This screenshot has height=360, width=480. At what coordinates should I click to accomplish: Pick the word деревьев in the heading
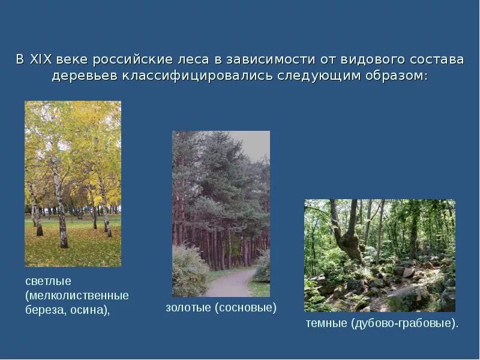[85, 77]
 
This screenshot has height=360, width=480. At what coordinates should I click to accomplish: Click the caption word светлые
[48, 281]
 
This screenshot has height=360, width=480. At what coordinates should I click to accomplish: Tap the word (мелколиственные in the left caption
[77, 296]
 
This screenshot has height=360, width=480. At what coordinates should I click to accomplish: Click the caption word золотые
[185, 308]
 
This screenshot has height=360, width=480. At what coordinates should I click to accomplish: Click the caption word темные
[326, 324]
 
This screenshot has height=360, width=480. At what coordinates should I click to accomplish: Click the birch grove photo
[73, 184]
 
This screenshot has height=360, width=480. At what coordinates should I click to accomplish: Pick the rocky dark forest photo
[379, 256]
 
